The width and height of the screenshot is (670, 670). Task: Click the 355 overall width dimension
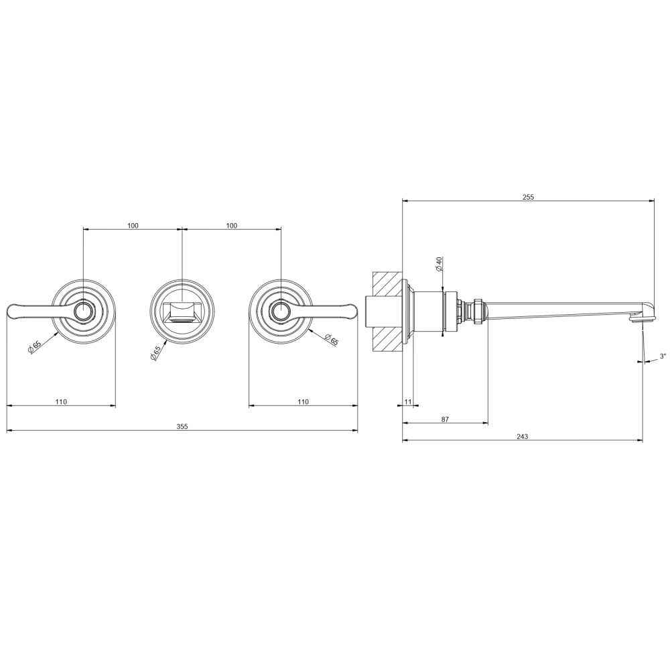[x=182, y=426]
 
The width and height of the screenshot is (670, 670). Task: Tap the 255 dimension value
[x=529, y=197]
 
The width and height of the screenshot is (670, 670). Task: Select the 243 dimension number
[x=522, y=436]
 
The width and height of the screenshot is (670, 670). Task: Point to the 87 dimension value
[x=445, y=419]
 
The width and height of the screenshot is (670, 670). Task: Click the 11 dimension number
[x=407, y=401]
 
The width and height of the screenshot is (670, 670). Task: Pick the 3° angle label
[x=663, y=356]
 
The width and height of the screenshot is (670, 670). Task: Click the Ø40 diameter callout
[x=439, y=263]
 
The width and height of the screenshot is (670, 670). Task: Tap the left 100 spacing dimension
[x=133, y=226]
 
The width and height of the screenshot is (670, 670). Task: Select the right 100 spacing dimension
[x=232, y=226]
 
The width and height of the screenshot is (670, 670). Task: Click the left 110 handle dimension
[x=61, y=401]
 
